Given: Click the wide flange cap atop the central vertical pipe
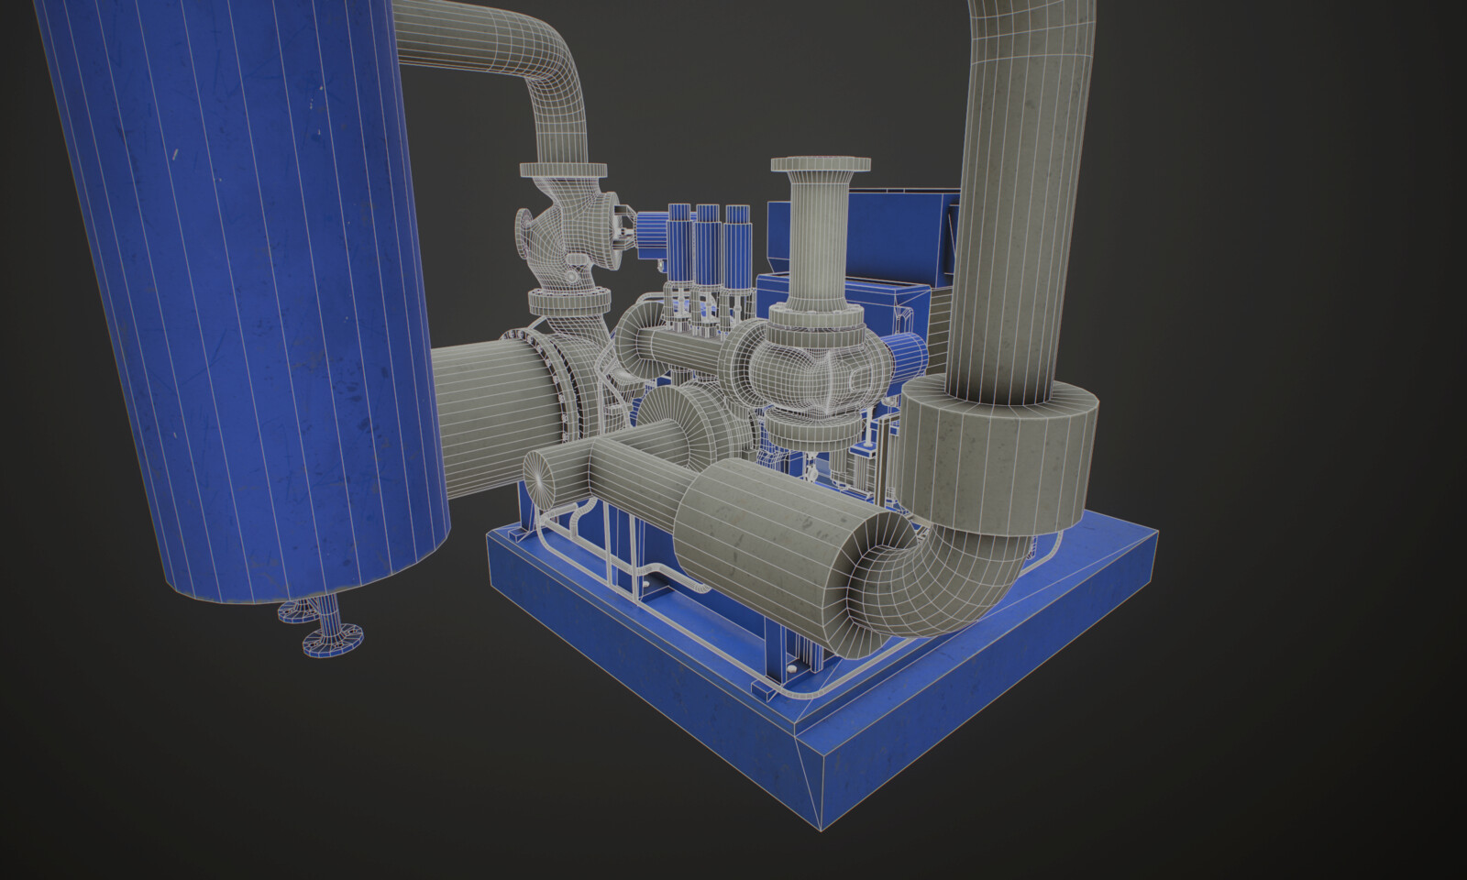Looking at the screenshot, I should (x=820, y=166).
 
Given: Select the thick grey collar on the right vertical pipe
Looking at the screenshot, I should (x=999, y=458).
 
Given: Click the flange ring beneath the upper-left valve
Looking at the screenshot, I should (x=568, y=301).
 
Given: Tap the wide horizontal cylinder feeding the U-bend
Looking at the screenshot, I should (x=761, y=541).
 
